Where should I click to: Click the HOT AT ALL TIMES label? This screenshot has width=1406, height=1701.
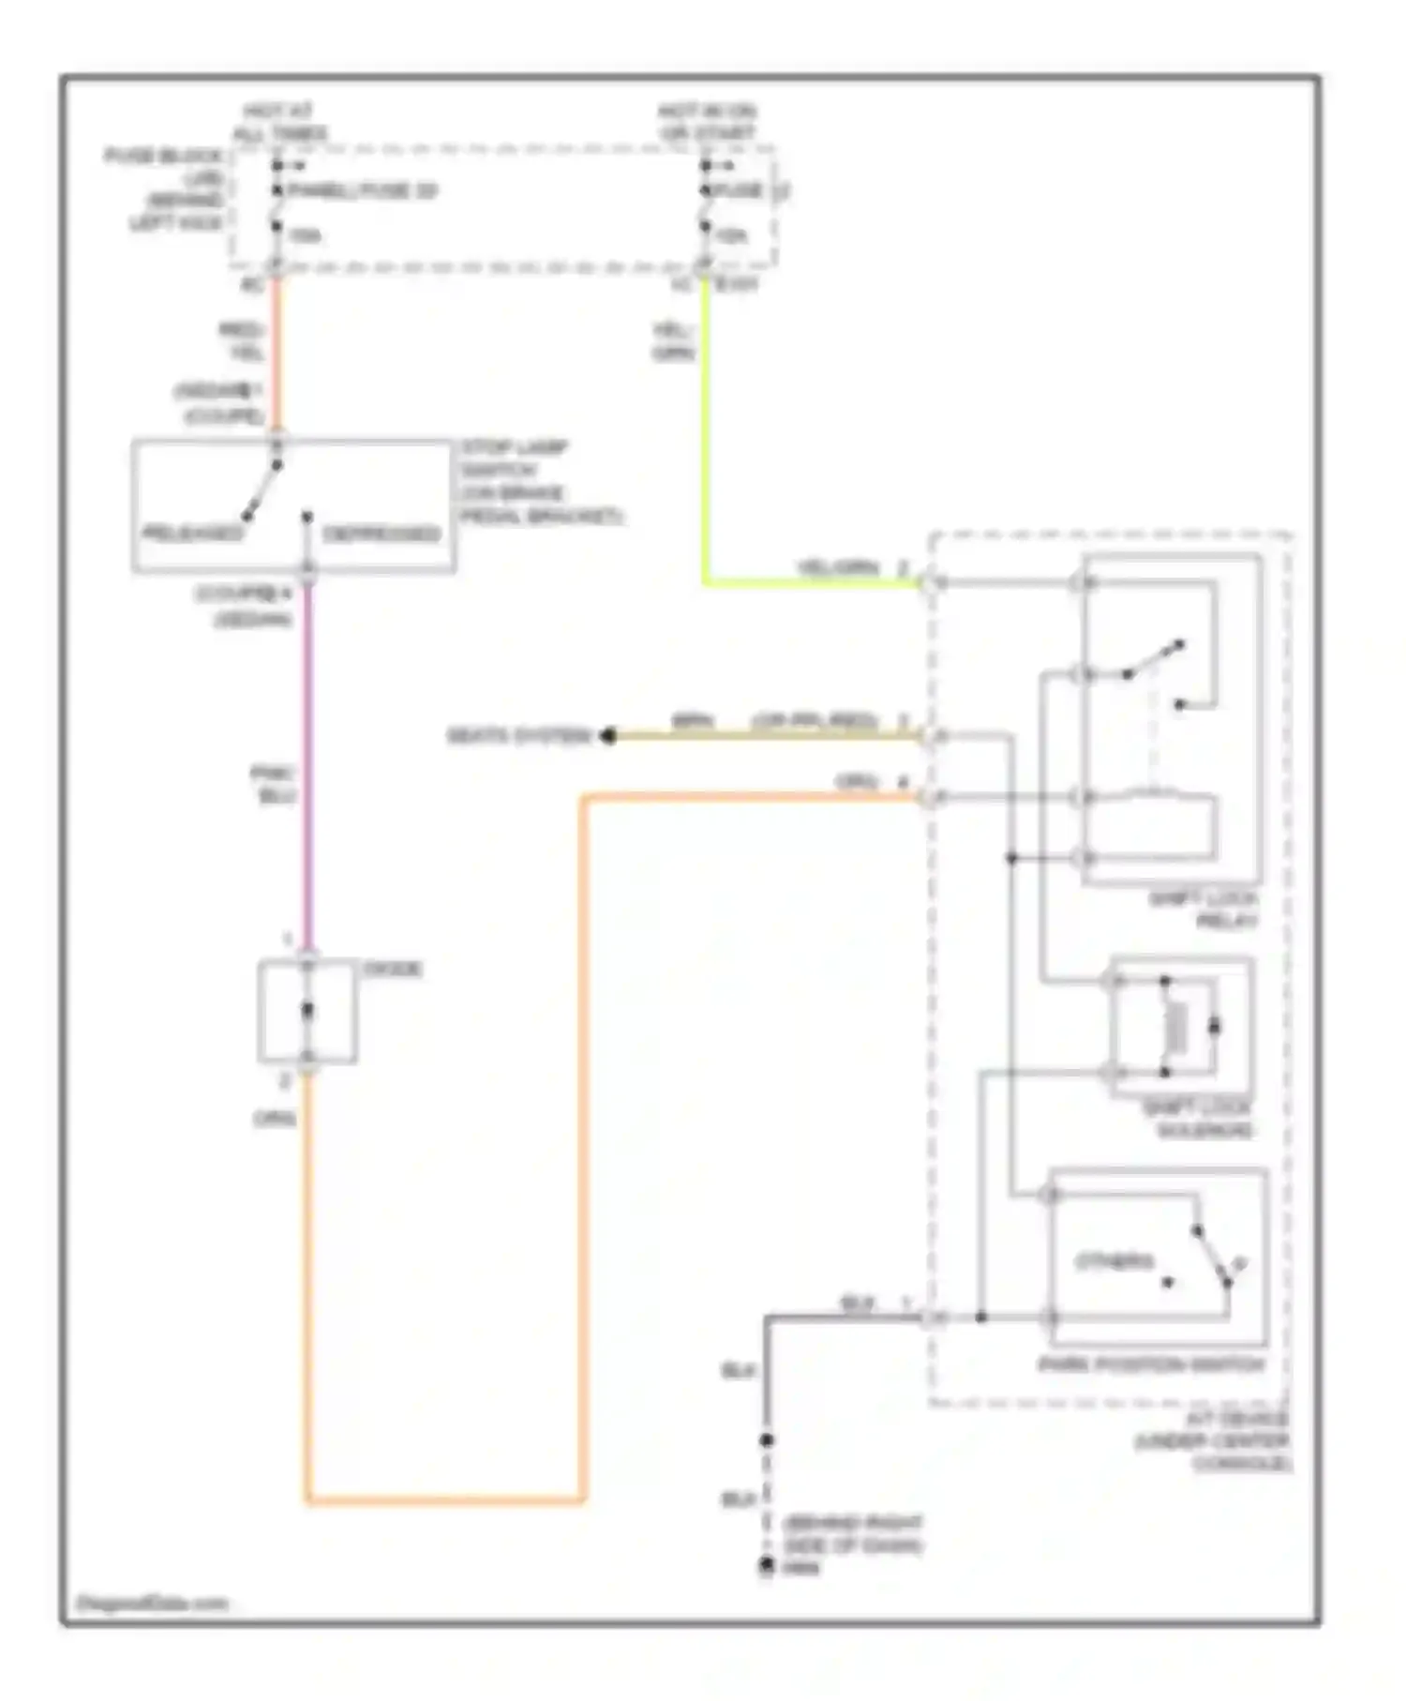point(278,123)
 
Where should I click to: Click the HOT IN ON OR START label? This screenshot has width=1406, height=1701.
point(707,123)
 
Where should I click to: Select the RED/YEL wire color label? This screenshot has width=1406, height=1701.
point(242,341)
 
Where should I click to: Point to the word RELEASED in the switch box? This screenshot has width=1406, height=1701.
point(191,534)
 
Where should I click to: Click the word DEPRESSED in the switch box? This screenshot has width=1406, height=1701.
point(381,534)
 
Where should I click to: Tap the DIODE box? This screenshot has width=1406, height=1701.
point(307,1011)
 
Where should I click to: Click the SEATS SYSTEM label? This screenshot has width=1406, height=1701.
point(518,735)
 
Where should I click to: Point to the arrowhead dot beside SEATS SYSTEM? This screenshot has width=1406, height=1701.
point(608,735)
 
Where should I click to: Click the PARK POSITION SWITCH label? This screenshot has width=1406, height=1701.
point(1151,1365)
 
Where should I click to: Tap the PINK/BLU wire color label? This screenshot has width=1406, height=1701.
point(274,784)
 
